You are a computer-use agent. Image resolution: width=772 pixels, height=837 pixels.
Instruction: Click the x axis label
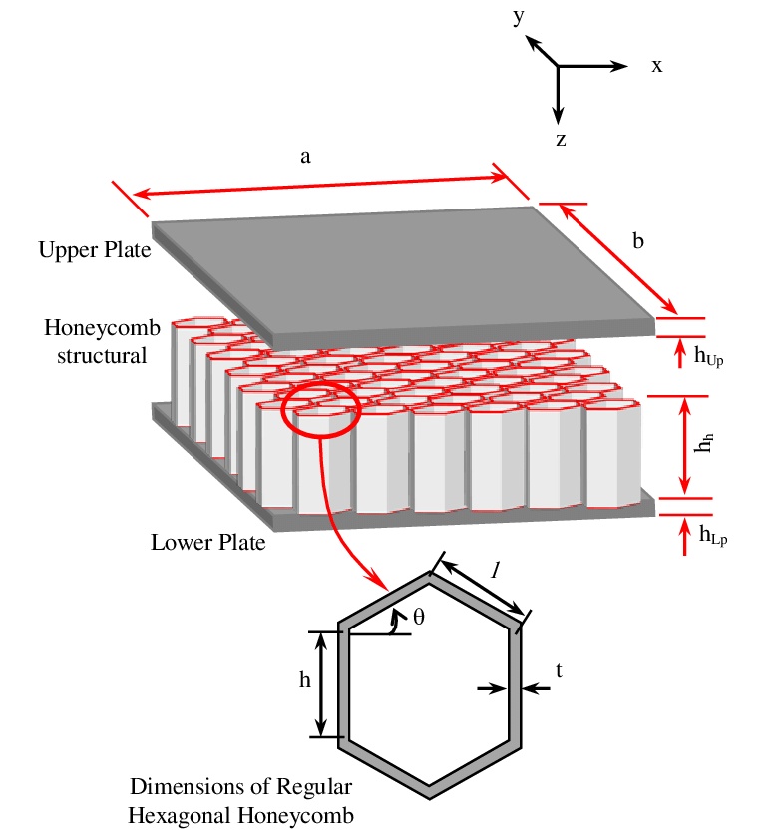coord(657,66)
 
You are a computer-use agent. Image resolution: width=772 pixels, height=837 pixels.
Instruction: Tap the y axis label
coord(519,17)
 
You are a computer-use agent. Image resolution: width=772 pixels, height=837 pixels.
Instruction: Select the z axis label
coord(561,139)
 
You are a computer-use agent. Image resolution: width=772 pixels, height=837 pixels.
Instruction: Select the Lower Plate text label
coord(207,544)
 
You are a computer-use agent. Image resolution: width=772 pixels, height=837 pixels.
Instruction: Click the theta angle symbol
coord(419,617)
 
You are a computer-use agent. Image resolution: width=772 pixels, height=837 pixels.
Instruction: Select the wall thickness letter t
coord(559,672)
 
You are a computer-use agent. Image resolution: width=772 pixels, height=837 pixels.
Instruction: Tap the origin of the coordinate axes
coord(559,66)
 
